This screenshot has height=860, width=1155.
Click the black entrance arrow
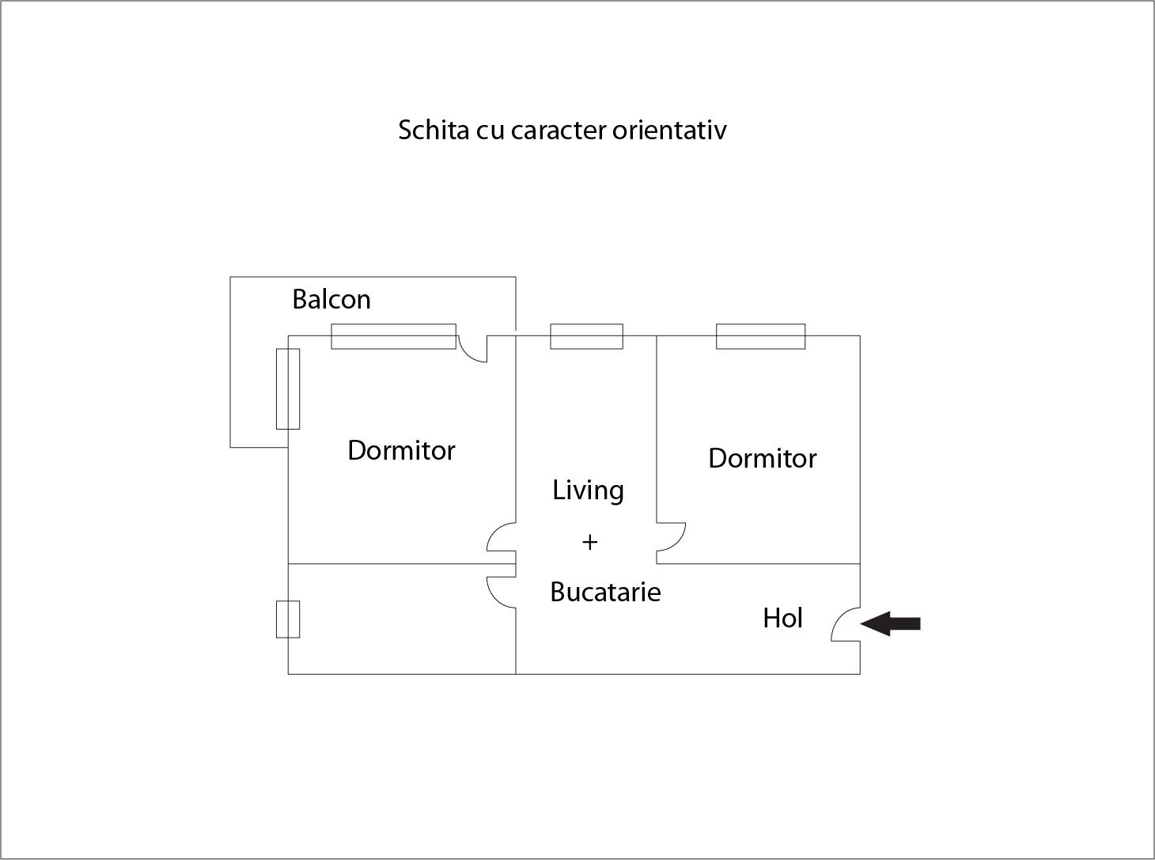[x=891, y=623]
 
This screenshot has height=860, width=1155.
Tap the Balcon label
[x=331, y=299]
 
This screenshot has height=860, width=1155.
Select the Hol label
[x=782, y=618]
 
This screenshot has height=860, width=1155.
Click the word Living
[x=588, y=491]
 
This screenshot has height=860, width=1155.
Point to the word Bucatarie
[x=605, y=592]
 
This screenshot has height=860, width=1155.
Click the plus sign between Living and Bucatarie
[x=589, y=542]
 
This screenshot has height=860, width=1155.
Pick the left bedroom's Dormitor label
[x=401, y=450]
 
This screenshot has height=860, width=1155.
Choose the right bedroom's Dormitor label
[x=762, y=458]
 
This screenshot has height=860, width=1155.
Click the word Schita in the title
[x=434, y=130]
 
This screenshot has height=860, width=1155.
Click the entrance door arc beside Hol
[x=844, y=625]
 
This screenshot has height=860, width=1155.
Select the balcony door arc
[x=473, y=350]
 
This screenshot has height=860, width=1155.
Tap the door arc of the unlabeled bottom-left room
[x=500, y=592]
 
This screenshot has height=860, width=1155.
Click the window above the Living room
[x=586, y=336]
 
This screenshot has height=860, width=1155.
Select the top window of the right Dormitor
[x=760, y=336]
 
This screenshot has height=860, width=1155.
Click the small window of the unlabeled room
[x=288, y=619]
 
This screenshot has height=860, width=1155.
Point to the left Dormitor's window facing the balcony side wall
[x=288, y=388]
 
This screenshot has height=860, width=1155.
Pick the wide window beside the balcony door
[x=393, y=336]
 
